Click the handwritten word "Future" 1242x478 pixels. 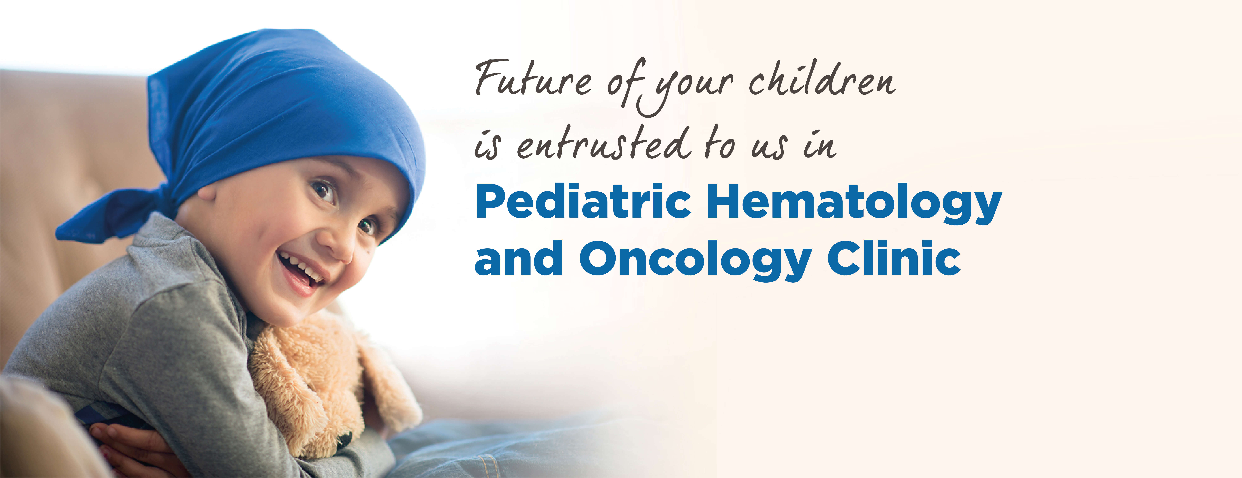tap(533, 78)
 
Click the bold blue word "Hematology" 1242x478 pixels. tap(854, 204)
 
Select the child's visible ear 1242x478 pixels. tap(206, 193)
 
